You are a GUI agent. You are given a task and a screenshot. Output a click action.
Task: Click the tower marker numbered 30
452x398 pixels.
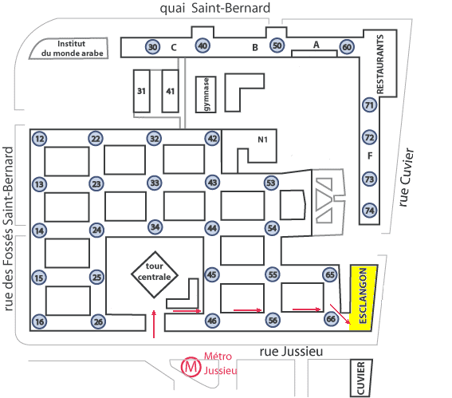pyautogui.click(x=152, y=47)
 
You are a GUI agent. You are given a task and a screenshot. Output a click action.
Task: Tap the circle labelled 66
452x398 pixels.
pyautogui.click(x=331, y=319)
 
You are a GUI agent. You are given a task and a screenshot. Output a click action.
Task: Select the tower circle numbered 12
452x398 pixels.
pyautogui.click(x=40, y=139)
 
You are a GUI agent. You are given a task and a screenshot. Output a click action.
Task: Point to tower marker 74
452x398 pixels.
pyautogui.click(x=370, y=211)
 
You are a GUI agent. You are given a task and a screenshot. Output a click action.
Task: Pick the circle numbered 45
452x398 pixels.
pyautogui.click(x=212, y=274)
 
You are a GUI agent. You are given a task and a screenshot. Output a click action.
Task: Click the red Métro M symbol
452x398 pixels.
pyautogui.click(x=191, y=367)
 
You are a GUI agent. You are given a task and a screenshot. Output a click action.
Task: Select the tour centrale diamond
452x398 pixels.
pyautogui.click(x=155, y=274)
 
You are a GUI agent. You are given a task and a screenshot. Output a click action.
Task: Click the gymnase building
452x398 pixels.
pyautogui.click(x=206, y=94)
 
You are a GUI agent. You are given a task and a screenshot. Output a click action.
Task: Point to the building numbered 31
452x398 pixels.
pyautogui.click(x=142, y=91)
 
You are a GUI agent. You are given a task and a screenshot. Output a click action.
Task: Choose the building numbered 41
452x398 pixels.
pyautogui.click(x=170, y=91)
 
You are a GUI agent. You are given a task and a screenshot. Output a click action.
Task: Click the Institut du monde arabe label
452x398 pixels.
pyautogui.click(x=72, y=49)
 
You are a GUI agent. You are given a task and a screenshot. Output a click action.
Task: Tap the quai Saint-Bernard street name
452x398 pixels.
pyautogui.click(x=215, y=8)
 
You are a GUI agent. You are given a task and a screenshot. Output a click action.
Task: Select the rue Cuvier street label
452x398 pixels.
pyautogui.click(x=407, y=177)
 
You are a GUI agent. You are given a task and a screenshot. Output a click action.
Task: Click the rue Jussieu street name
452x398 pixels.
pyautogui.click(x=291, y=352)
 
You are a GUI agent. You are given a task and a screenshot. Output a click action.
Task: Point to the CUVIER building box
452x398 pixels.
pyautogui.click(x=361, y=378)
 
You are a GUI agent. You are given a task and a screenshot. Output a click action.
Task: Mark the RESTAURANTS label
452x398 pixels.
pyautogui.click(x=380, y=64)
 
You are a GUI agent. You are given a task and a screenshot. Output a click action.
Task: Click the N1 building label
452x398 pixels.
pyautogui.click(x=262, y=140)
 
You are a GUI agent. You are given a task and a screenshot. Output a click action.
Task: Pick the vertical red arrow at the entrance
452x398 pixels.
pyautogui.click(x=154, y=324)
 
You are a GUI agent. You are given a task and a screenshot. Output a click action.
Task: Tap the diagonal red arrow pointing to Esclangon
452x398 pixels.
pyautogui.click(x=340, y=313)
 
